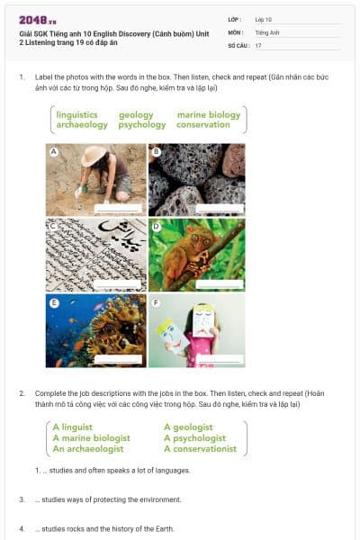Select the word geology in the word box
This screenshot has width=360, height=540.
pyautogui.click(x=136, y=115)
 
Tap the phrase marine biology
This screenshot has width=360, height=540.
pyautogui.click(x=209, y=115)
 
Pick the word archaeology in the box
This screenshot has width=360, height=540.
pyautogui.click(x=82, y=125)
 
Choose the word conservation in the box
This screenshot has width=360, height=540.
pyautogui.click(x=203, y=125)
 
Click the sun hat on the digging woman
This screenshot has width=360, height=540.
pyautogui.click(x=94, y=156)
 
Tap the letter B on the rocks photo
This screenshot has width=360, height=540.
pyautogui.click(x=155, y=150)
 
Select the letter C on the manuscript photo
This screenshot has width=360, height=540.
pyautogui.click(x=53, y=225)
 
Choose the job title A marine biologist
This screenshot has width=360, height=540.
pyautogui.click(x=91, y=437)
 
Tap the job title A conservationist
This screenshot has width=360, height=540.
pyautogui.click(x=200, y=448)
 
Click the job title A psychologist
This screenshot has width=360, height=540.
pyautogui.click(x=195, y=437)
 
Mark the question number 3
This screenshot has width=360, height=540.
pyautogui.click(x=22, y=499)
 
